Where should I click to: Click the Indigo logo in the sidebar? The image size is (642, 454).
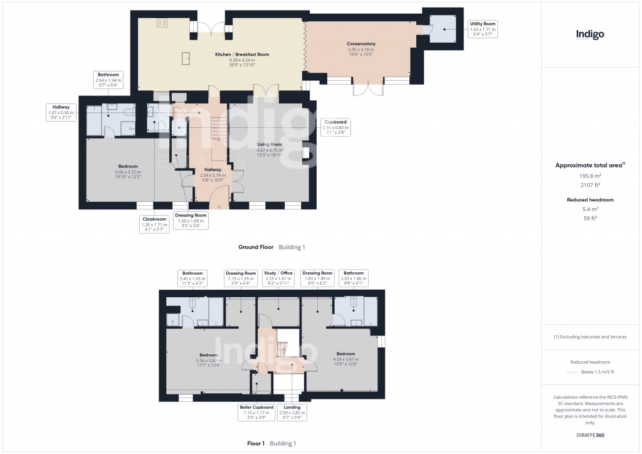590,35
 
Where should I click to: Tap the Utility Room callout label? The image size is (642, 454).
482,29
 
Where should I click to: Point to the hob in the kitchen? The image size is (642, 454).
161,23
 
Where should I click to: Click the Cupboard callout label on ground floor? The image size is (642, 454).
335,127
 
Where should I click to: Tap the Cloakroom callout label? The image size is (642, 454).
153,224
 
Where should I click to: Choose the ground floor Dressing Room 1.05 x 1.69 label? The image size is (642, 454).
191,220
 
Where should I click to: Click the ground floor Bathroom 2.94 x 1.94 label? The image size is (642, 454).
108,79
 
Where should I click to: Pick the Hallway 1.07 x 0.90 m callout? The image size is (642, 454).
61,112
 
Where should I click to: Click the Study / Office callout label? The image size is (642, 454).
278,278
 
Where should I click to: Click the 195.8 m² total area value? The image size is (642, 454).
590,177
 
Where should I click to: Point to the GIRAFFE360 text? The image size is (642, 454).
590,435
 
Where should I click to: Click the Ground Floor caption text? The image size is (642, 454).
256,247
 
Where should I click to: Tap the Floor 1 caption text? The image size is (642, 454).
256,443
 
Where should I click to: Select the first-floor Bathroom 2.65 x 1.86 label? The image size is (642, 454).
353,278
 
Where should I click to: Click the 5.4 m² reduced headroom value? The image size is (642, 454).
590,209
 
